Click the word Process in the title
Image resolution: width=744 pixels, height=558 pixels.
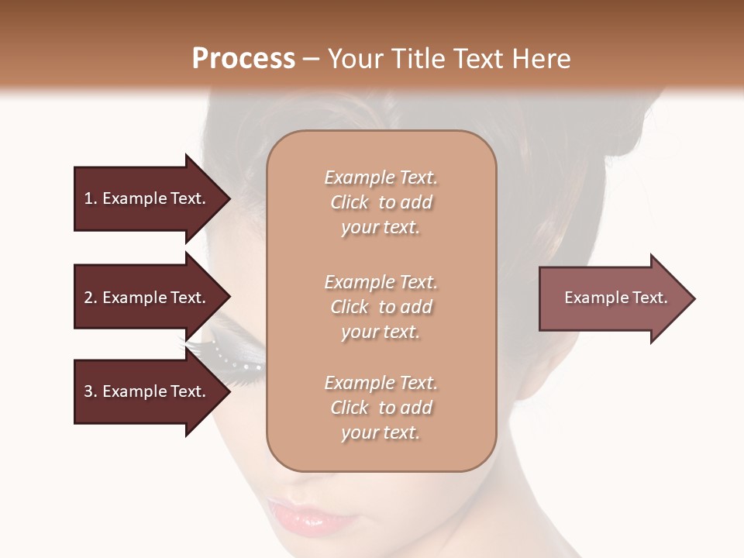243,59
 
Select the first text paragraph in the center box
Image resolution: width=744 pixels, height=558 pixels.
381,202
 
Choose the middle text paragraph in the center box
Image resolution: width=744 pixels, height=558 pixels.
381,307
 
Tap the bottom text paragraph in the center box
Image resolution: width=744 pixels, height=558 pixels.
381,408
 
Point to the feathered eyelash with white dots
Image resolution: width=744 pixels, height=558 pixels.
225,353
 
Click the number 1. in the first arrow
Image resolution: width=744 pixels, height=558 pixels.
91,198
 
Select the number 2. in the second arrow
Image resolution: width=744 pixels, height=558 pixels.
91,298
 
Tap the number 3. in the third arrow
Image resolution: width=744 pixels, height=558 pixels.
91,391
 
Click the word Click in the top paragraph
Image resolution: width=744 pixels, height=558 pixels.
350,202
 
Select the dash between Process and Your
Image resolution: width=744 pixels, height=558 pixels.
311,59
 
